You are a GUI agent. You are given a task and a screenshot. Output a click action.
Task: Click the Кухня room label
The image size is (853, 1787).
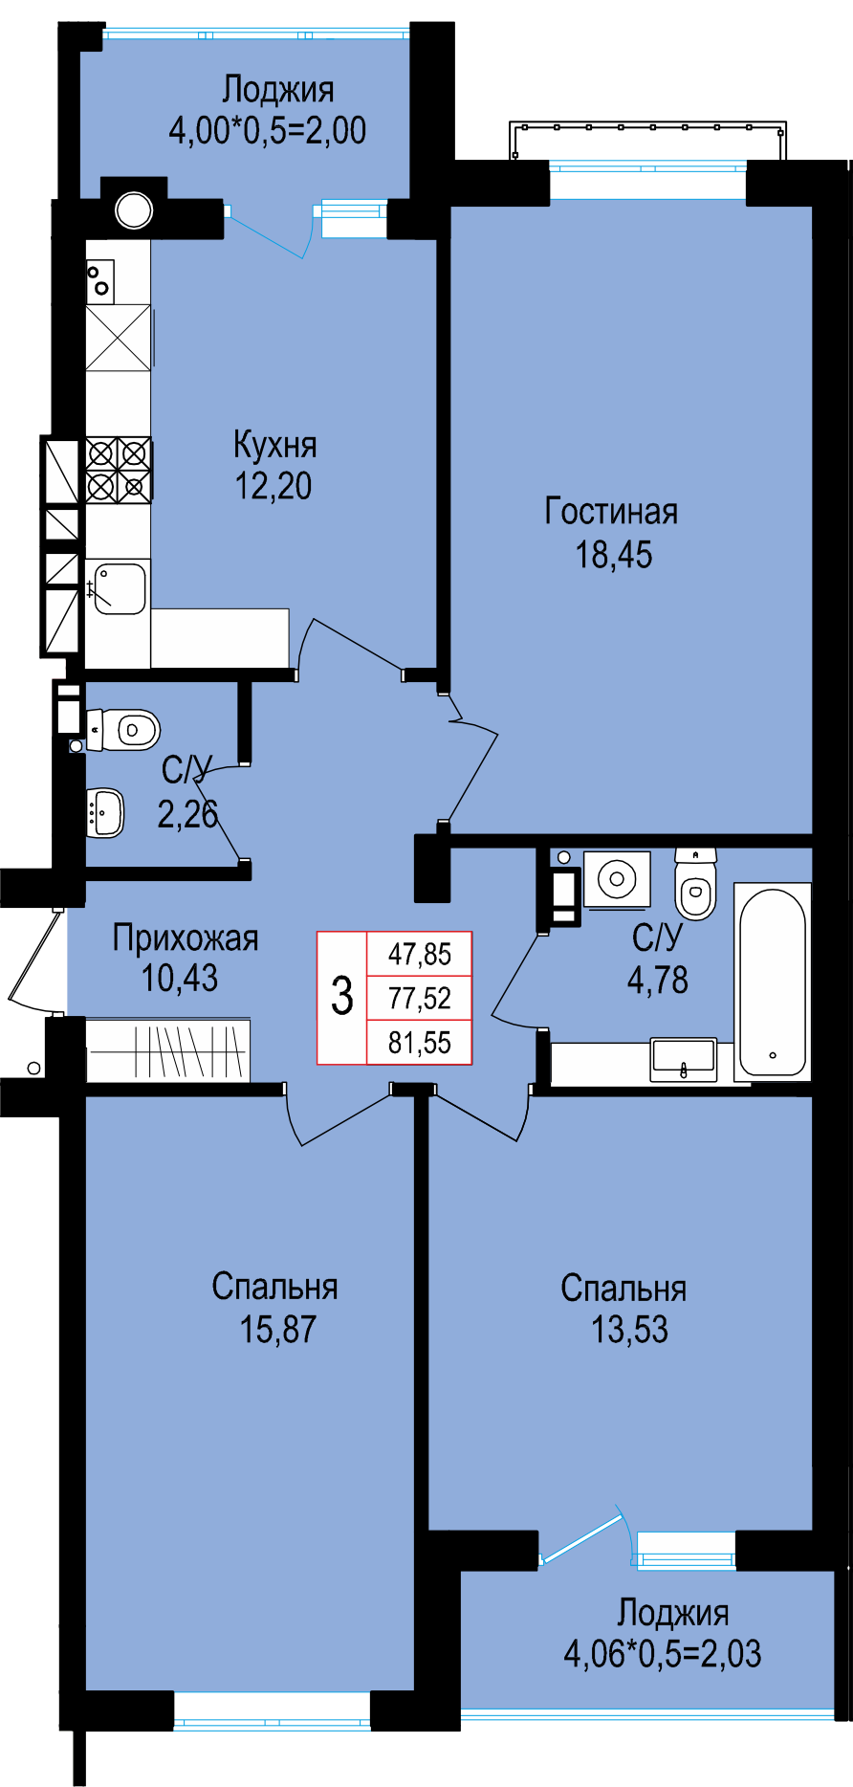pyautogui.click(x=274, y=445)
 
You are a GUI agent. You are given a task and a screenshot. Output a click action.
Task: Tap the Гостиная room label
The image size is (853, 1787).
pyautogui.click(x=611, y=512)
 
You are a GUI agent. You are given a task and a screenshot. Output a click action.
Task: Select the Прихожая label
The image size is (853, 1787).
pyautogui.click(x=186, y=938)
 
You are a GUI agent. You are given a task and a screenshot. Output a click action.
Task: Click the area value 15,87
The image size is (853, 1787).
pyautogui.click(x=277, y=1330)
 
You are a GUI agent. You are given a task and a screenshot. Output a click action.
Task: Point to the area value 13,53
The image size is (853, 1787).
pyautogui.click(x=629, y=1330)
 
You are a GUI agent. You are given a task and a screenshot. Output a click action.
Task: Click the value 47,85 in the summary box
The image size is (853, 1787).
pyautogui.click(x=420, y=954)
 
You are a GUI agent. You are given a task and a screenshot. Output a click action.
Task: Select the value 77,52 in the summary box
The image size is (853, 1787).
pyautogui.click(x=420, y=998)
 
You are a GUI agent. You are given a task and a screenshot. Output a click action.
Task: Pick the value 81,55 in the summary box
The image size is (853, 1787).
pyautogui.click(x=420, y=1042)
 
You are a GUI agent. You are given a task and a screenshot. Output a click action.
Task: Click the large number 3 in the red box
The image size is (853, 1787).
pyautogui.click(x=342, y=996)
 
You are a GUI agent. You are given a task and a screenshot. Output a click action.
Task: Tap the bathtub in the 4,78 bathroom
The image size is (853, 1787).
pyautogui.click(x=773, y=982)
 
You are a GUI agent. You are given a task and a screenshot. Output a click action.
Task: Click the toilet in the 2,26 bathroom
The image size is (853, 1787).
pyautogui.click(x=123, y=731)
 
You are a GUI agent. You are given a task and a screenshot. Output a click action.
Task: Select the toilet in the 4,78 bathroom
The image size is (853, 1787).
pyautogui.click(x=695, y=884)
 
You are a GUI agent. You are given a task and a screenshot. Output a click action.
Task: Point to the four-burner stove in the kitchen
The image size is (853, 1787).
pyautogui.click(x=119, y=470)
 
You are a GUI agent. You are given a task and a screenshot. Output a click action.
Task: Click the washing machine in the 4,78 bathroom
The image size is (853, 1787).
pyautogui.click(x=618, y=878)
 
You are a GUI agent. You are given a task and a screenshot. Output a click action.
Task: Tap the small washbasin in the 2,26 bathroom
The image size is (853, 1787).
pyautogui.click(x=105, y=812)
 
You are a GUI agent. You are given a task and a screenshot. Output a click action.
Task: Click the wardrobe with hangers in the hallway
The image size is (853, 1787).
pyautogui.click(x=168, y=1051)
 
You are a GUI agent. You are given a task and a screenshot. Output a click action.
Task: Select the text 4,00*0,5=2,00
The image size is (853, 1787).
pyautogui.click(x=268, y=130)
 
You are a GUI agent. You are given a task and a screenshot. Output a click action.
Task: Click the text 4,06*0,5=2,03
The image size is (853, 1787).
pyautogui.click(x=663, y=1653)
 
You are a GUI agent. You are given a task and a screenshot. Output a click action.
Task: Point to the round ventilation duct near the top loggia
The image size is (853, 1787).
pyautogui.click(x=134, y=210)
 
